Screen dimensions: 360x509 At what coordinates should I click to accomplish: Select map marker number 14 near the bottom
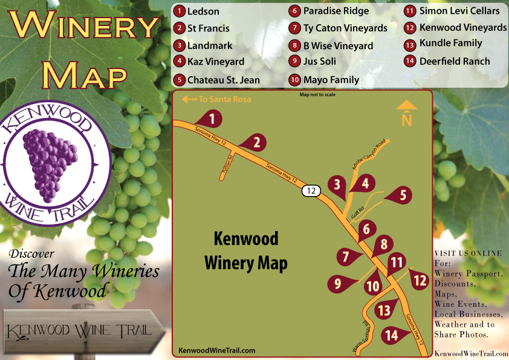coord(392,335)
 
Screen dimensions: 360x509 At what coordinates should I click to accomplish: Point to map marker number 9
coord(337,283)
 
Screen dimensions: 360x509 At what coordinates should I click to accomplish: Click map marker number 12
coord(420,280)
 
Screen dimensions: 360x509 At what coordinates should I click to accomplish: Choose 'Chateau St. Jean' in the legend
coord(223,80)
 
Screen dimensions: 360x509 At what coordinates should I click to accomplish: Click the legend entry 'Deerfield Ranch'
coord(456,61)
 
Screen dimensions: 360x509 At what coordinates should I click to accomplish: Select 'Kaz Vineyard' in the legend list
coord(216,61)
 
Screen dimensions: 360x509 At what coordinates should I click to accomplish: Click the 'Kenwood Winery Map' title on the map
coord(246,250)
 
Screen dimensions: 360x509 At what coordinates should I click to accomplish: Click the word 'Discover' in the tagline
coord(33,254)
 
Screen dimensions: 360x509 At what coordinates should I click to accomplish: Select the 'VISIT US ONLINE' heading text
coord(468,253)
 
